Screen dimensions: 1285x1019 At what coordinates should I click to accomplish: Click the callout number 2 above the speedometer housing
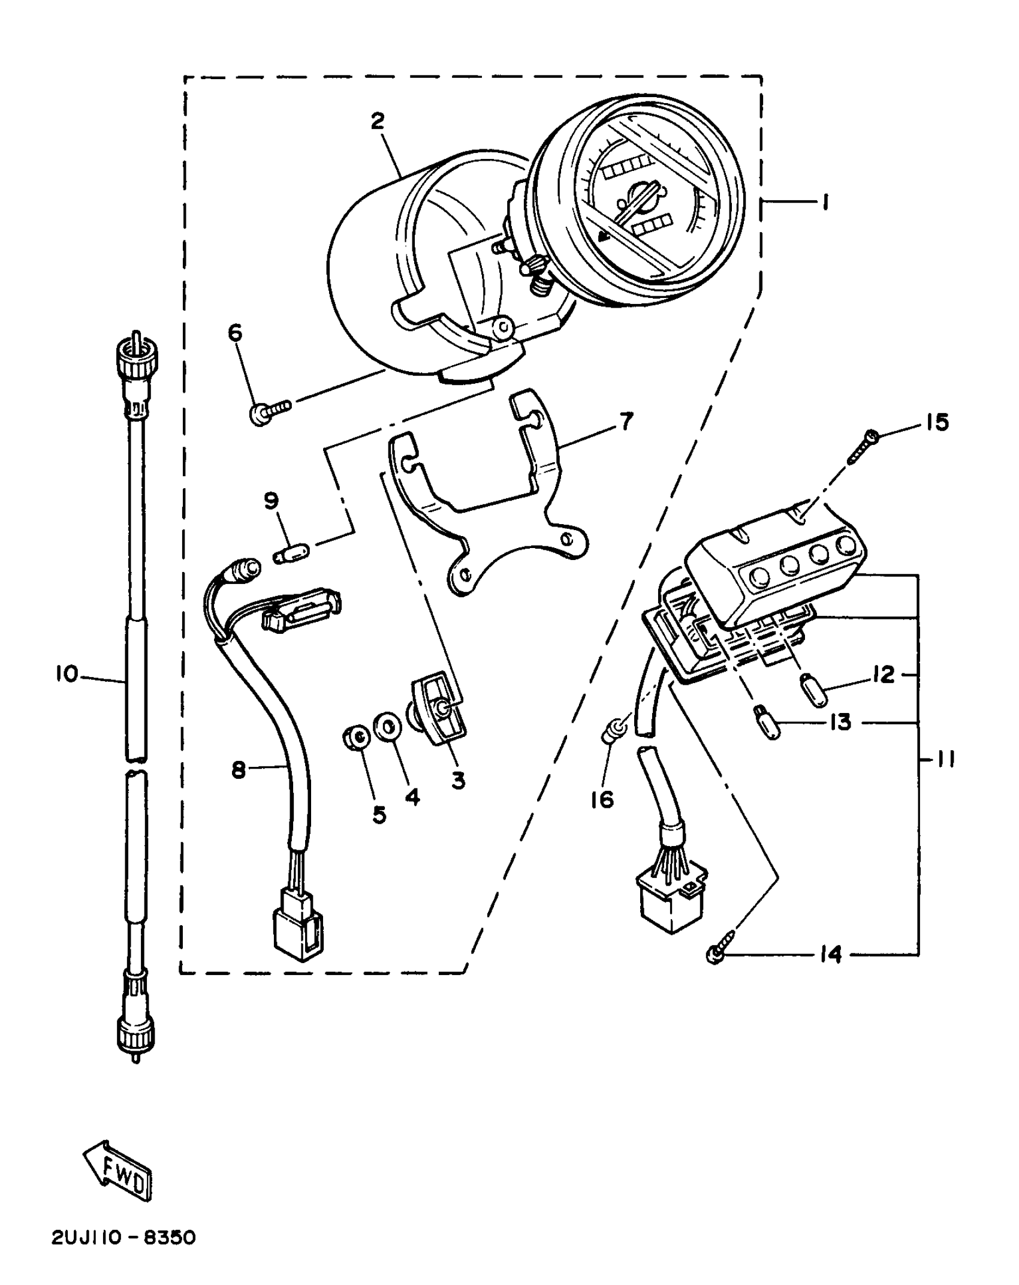(x=377, y=122)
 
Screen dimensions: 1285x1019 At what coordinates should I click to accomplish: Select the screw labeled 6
(x=269, y=411)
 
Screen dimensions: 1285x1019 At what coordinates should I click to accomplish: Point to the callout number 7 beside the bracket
(x=626, y=422)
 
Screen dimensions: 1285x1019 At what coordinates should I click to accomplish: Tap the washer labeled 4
(x=387, y=727)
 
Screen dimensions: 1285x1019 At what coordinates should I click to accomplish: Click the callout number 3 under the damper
(x=458, y=781)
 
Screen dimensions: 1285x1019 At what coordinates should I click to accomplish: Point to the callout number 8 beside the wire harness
(x=239, y=770)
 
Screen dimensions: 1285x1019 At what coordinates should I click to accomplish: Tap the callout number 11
(x=945, y=760)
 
